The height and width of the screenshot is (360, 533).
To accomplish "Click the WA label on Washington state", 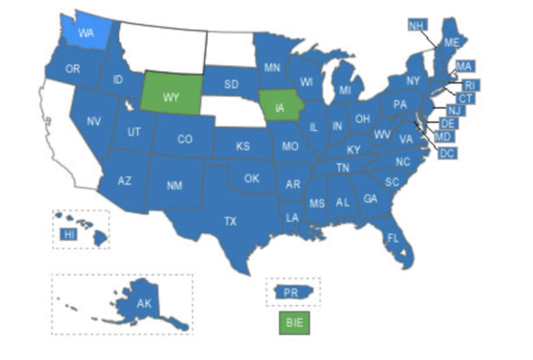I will [86, 33].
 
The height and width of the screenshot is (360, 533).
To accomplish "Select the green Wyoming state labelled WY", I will [171, 97].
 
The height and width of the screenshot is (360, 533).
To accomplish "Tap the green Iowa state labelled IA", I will [279, 107].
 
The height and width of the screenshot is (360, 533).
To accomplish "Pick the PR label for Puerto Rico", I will [291, 292].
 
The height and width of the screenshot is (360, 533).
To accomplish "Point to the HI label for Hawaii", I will [68, 235].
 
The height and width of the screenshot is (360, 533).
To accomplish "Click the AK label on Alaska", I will [143, 304].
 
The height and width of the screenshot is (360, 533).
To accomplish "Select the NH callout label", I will [416, 25].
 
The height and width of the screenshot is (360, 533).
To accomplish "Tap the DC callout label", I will [446, 152].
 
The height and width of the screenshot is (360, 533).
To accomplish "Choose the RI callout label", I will [470, 85].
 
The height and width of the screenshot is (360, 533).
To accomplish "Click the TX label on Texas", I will [230, 221].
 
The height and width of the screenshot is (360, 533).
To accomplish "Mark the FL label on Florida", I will [392, 238].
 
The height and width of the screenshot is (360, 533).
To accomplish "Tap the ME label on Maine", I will [451, 42].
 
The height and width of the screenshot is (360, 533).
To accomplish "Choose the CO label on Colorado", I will [185, 139].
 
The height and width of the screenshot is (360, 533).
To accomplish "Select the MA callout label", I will [465, 66].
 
